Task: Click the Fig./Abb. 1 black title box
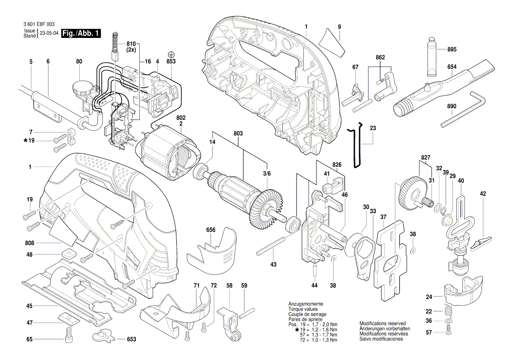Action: [81, 34]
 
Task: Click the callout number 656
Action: [211, 230]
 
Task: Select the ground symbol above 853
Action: [172, 54]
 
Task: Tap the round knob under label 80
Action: [81, 87]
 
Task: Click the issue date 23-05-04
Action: [49, 33]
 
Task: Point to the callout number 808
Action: [29, 242]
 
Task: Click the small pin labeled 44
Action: [315, 269]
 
